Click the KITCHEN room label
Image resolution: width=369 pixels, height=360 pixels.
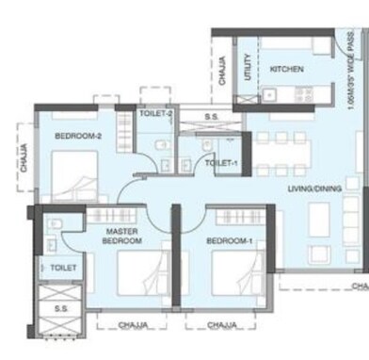coord(286,69)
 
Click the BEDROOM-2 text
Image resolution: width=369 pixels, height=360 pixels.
coord(77,137)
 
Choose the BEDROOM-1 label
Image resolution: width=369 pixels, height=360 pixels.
coord(231,241)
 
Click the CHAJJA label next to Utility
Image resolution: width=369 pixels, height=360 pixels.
coord(222,73)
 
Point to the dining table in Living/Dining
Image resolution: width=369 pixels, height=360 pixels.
coord(282,150)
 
